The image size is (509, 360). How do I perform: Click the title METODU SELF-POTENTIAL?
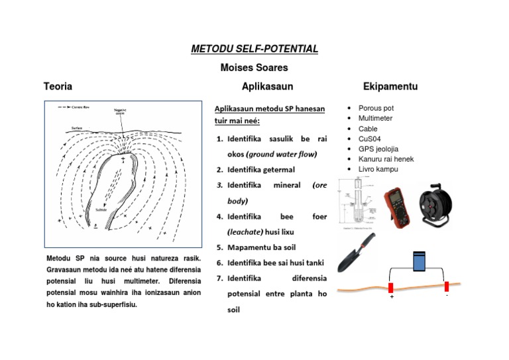[254, 49]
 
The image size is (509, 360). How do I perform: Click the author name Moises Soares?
[254, 68]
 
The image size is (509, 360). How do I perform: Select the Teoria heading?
[58, 86]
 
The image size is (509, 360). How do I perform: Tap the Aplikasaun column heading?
[267, 86]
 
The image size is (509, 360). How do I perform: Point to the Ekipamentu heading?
[390, 87]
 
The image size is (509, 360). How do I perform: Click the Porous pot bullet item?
[376, 107]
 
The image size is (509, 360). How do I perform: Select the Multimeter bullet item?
[375, 118]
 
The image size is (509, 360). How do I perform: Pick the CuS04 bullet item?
[369, 139]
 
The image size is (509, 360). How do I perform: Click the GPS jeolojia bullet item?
[378, 149]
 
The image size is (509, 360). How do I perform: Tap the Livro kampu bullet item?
[379, 170]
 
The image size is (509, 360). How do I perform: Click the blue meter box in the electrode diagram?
[419, 261]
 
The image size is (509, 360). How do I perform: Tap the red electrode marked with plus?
[391, 288]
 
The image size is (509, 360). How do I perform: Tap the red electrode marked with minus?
[447, 286]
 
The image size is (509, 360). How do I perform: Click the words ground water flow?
[282, 154]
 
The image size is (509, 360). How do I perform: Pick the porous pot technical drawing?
[356, 202]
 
